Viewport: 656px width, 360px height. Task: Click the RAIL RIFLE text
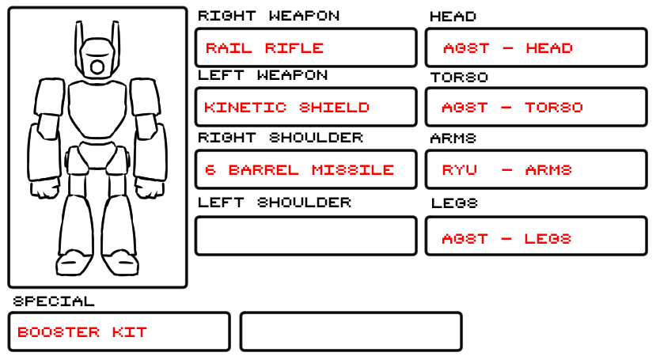(264, 47)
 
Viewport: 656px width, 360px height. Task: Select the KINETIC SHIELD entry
(286, 108)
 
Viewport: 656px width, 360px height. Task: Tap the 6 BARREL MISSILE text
(299, 170)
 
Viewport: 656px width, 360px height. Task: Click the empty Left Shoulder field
(305, 236)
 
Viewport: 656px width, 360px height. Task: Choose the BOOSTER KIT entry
(82, 332)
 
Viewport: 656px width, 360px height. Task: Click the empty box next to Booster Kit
(351, 332)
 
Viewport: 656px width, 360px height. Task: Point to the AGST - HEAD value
(507, 48)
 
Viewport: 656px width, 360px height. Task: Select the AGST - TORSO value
(512, 108)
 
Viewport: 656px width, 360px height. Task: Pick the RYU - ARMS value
(506, 170)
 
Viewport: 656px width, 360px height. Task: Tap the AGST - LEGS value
(506, 239)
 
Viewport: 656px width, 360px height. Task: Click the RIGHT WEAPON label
(268, 16)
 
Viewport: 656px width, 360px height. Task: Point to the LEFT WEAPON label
(263, 75)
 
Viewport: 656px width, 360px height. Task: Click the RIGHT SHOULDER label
(280, 138)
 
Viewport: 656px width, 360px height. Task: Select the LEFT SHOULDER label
(274, 203)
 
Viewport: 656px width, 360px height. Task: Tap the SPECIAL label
(54, 301)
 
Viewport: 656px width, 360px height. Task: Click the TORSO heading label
(459, 78)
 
